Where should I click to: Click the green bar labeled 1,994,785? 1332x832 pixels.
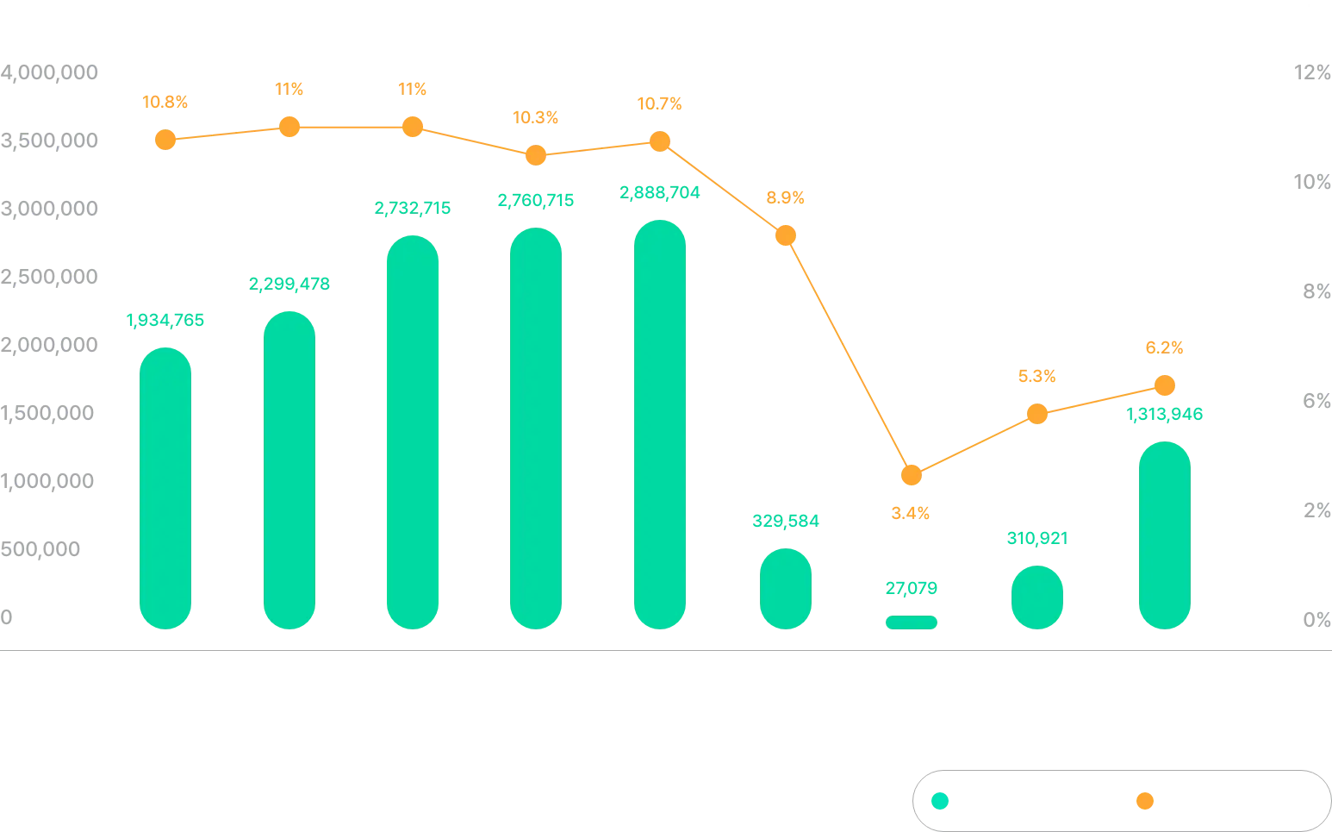165,488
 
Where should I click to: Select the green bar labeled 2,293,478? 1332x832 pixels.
289,470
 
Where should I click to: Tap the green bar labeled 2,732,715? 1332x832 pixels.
413,433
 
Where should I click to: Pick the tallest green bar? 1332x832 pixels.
661,424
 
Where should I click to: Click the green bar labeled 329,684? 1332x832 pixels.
785,589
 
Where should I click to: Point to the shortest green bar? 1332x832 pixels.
910,622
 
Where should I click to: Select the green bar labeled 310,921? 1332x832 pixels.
1036,597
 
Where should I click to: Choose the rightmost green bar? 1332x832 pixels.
1164,536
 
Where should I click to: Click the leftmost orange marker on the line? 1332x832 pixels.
165,140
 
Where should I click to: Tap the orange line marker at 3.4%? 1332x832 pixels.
912,475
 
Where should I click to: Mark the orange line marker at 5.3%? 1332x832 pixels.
1037,415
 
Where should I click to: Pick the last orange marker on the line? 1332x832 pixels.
1164,385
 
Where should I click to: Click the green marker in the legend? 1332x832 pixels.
940,802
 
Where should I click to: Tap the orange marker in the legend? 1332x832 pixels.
1143,802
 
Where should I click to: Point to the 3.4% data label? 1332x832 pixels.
910,513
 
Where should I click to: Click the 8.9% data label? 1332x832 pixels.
785,197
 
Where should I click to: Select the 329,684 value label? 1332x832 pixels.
785,521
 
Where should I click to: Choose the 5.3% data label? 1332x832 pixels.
1037,377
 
